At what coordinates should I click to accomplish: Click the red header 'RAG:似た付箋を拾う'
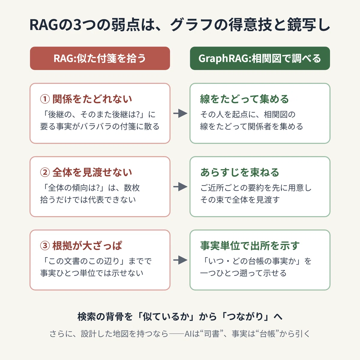100,58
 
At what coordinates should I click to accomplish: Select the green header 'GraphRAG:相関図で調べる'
260,58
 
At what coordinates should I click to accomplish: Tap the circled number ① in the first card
45,99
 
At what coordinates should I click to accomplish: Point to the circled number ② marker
45,172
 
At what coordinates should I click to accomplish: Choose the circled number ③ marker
45,245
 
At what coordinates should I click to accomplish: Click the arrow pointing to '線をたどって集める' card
180,113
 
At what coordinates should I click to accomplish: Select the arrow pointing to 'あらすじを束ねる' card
180,187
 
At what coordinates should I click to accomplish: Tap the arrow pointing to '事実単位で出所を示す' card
180,260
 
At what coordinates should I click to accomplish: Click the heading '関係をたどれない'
92,99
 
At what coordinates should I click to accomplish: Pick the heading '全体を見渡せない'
92,172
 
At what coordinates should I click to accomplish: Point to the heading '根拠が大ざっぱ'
87,245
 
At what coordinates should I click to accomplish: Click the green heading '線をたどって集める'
244,99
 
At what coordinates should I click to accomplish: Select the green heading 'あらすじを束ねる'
240,172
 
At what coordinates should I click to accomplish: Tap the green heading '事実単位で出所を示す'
250,245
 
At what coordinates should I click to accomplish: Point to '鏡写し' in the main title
309,25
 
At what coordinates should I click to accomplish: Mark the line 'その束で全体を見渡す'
240,200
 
